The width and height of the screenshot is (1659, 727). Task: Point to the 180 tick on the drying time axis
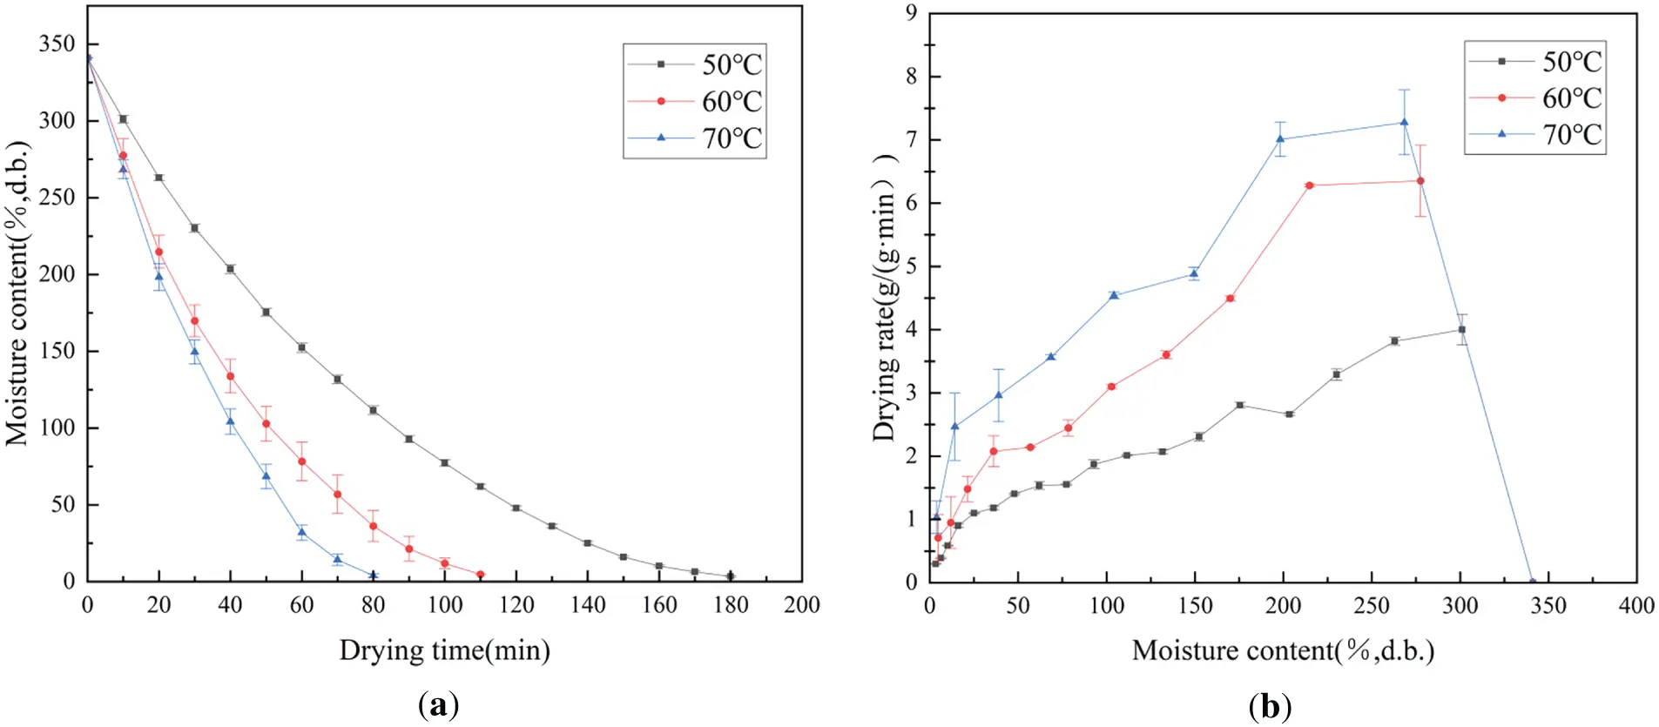click(x=730, y=605)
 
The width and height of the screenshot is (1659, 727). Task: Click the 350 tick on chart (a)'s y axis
click(x=57, y=44)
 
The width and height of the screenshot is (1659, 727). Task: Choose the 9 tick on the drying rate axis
click(x=911, y=13)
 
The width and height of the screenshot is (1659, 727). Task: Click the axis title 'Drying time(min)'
click(x=444, y=650)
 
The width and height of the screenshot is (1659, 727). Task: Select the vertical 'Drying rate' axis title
click(x=884, y=296)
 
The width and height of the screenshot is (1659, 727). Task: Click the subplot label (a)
click(x=438, y=705)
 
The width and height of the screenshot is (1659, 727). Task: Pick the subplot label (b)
click(x=1270, y=705)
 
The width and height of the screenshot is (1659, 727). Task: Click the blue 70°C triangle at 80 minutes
click(x=373, y=576)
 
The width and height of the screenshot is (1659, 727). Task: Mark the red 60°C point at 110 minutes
click(x=480, y=575)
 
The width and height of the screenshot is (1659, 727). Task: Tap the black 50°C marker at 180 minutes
click(x=730, y=576)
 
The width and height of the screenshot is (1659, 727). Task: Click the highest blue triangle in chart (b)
click(x=1404, y=123)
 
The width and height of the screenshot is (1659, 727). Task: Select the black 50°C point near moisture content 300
click(x=1461, y=330)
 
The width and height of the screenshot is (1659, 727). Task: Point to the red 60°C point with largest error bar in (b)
click(x=1420, y=181)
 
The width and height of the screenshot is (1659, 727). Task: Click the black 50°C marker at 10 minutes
click(x=123, y=119)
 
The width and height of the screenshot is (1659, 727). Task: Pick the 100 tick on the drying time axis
click(x=444, y=605)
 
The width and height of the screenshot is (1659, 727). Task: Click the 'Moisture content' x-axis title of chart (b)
click(x=1283, y=650)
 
